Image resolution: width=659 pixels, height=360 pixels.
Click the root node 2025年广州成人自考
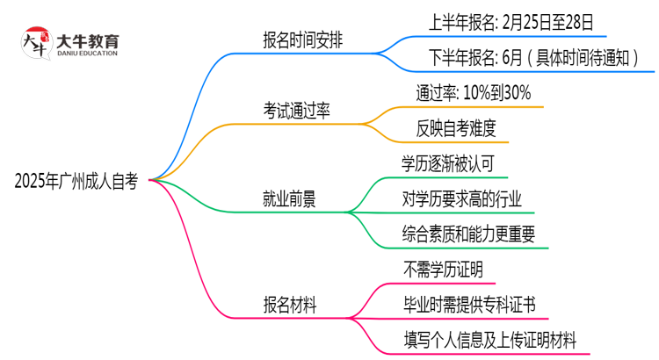76,182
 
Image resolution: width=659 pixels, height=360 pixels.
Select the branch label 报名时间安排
304,40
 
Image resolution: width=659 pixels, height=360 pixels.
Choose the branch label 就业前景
290,199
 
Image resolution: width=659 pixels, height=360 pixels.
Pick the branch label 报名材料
290,304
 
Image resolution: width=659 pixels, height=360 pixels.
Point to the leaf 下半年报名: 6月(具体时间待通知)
528,58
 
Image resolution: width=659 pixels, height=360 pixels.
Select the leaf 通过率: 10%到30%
473,92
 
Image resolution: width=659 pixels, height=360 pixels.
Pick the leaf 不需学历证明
443,269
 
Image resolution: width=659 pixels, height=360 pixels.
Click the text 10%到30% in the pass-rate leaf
496,92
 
